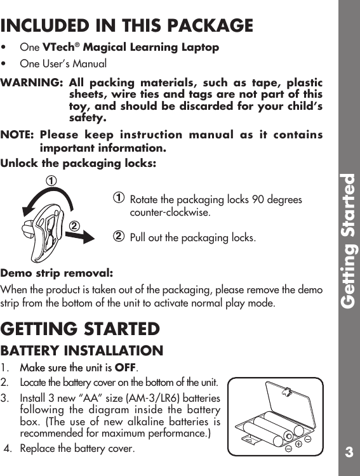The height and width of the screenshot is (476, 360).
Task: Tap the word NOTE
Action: (18, 135)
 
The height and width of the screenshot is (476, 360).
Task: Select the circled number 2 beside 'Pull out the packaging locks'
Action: (118, 237)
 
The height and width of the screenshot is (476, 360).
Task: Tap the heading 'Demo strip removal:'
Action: (57, 274)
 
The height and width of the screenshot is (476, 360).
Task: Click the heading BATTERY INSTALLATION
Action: (82, 350)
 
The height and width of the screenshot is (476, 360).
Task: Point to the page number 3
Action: (349, 453)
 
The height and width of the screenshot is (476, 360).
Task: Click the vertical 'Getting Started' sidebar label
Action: (348, 241)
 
